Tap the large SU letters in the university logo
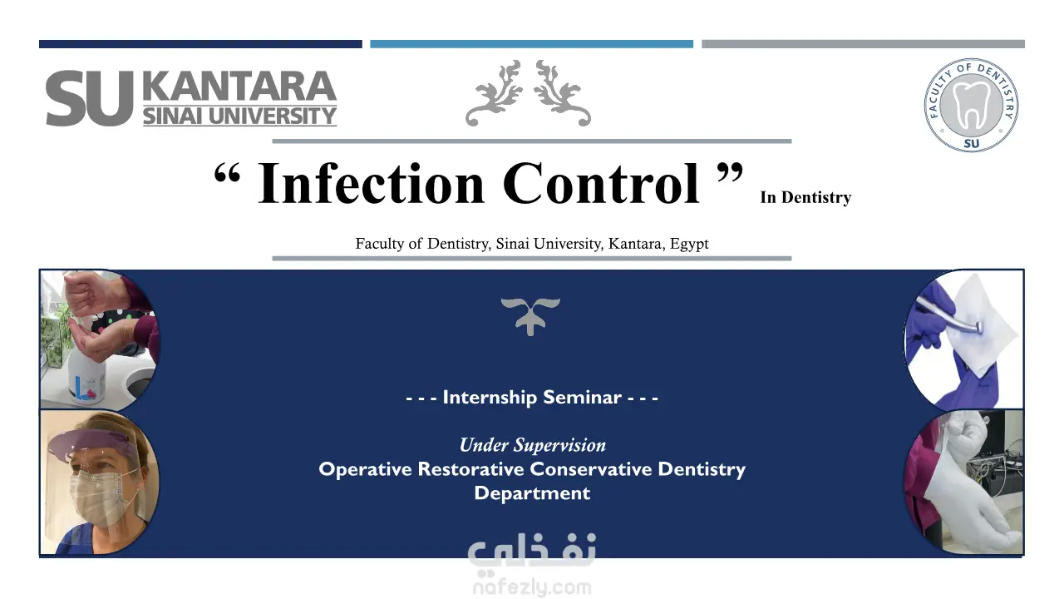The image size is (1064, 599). tap(89, 98)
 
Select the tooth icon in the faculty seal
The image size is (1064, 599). tap(972, 105)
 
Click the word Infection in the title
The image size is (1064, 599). tap(371, 183)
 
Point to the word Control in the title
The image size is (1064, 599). tap(600, 183)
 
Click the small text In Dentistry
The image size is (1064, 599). tap(805, 197)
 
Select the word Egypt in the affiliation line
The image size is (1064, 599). tap(689, 244)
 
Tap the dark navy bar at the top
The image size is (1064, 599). tap(200, 44)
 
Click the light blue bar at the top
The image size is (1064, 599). tap(531, 44)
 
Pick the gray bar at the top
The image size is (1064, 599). tap(863, 44)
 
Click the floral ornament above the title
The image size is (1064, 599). tap(528, 93)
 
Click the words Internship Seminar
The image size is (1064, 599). tap(532, 398)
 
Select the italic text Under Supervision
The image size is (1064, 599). tap(533, 445)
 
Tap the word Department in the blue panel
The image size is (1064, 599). tap(532, 493)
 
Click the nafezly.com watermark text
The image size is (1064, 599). tap(532, 587)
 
